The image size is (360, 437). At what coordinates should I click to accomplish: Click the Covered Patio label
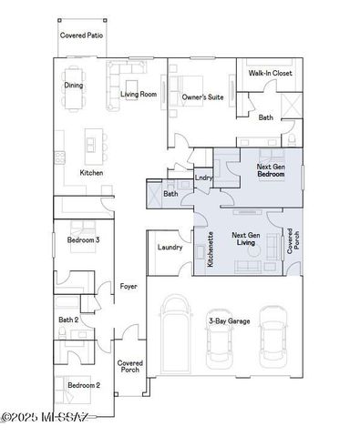[81, 35]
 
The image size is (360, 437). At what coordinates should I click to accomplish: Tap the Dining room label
[74, 86]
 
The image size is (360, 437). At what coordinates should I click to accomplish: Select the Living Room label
[139, 93]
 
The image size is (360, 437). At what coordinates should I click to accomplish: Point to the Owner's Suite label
[202, 96]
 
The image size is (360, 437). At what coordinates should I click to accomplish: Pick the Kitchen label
[91, 172]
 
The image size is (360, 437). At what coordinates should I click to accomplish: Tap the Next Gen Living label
[244, 238]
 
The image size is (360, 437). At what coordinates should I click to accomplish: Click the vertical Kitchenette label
[211, 247]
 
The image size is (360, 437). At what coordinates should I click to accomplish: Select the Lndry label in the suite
[202, 178]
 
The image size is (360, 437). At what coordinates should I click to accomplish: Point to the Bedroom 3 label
[84, 240]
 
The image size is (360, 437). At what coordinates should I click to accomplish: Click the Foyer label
[129, 286]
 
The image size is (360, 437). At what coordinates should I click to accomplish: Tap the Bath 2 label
[68, 320]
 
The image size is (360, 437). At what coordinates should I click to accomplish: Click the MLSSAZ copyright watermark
[45, 418]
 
